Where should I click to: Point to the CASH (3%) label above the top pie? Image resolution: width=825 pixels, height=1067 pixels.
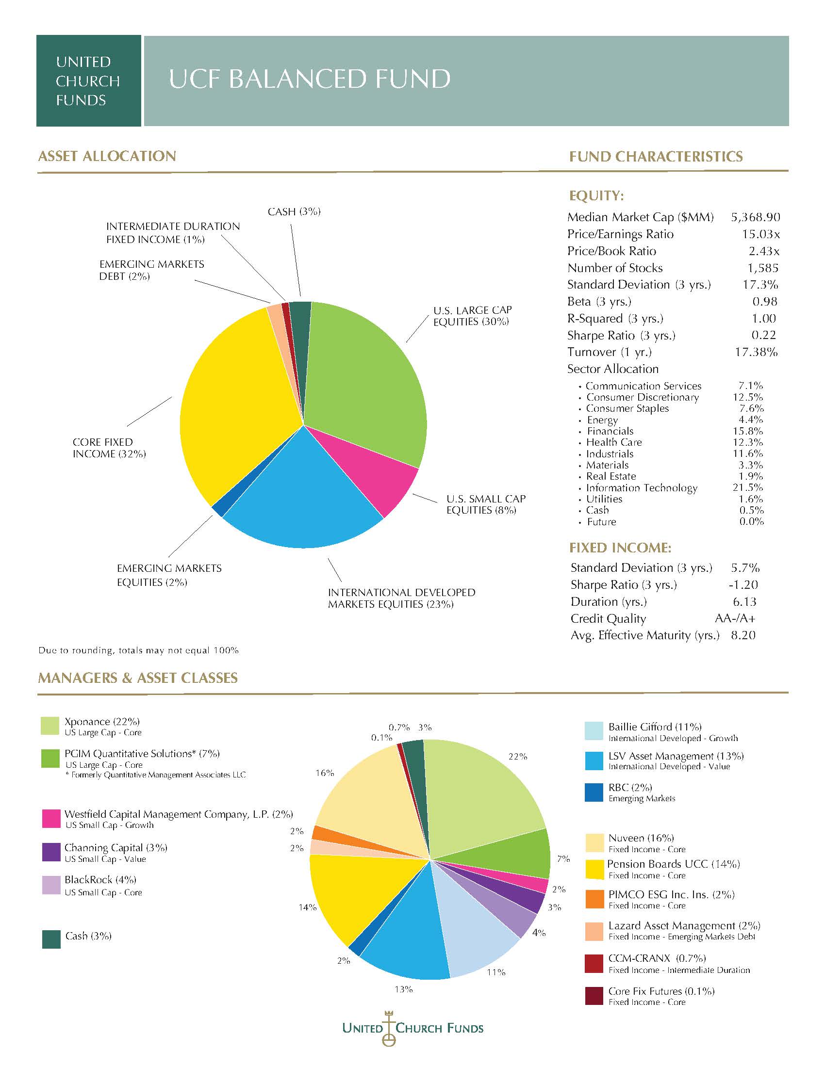[294, 211]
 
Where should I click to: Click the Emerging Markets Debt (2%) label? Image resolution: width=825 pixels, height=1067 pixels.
[151, 270]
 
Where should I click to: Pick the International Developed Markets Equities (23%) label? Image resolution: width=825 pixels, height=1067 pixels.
[401, 598]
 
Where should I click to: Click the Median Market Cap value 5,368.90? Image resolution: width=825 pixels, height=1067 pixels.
[756, 217]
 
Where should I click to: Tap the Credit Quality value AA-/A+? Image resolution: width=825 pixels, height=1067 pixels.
[735, 618]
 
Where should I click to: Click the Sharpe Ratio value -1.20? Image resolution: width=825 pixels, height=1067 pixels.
[743, 585]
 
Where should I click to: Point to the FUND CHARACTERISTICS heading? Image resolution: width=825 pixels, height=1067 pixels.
[656, 156]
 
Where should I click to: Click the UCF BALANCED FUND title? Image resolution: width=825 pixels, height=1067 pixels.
[310, 79]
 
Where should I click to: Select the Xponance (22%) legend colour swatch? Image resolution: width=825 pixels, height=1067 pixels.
[50, 726]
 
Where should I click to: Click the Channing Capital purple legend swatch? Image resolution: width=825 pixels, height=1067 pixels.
[51, 853]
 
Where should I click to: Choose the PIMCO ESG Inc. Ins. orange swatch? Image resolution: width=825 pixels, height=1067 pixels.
[594, 899]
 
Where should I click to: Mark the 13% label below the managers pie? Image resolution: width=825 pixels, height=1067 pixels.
[404, 989]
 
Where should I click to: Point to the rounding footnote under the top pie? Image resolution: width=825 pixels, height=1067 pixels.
[139, 650]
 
